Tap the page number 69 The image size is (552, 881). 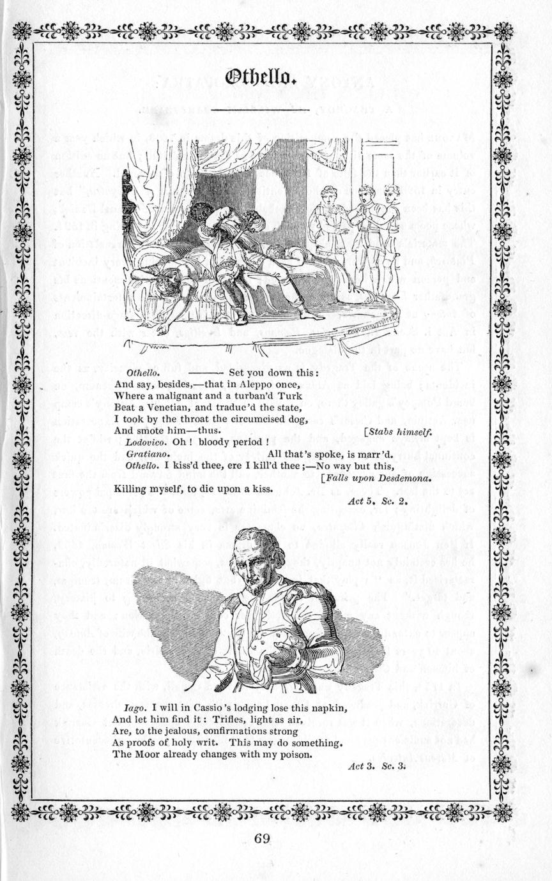pyautogui.click(x=261, y=838)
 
